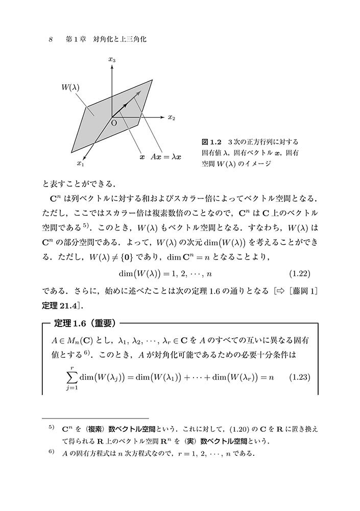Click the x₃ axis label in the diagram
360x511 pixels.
(112, 60)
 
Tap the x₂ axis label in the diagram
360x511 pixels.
(171, 118)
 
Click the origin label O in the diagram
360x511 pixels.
(113, 123)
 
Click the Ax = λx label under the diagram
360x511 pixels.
(166, 157)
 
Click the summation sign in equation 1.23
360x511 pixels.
(69, 377)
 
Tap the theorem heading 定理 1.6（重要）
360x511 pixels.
(83, 323)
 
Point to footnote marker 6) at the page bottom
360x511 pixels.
(51, 452)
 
